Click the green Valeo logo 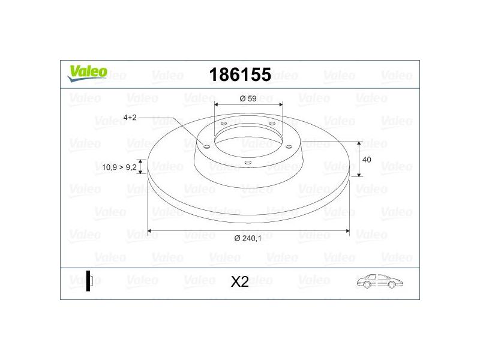pos(87,73)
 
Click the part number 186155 pos(240,74)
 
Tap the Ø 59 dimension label pos(248,98)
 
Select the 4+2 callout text pos(130,118)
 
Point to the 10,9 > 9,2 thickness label pos(119,167)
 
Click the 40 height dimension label pos(367,160)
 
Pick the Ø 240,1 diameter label pos(248,238)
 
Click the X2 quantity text pos(239,281)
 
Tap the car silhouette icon pos(380,281)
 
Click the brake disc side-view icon pos(89,281)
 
